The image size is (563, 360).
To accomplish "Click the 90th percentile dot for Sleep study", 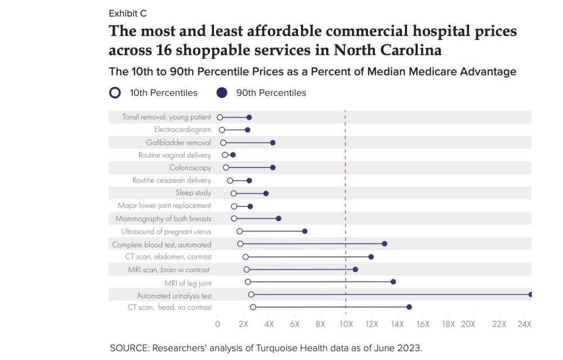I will point(266,193).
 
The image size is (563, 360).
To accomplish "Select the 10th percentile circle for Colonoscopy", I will point(226,168).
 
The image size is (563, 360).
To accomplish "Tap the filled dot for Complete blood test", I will point(385,244).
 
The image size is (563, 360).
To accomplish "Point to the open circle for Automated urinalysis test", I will point(251,294).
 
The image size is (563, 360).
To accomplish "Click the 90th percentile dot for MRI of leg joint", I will point(393,282).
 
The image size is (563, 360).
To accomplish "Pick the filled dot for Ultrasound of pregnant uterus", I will point(305,231).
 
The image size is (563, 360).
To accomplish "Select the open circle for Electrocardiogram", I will point(222,130).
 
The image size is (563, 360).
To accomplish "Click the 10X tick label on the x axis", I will point(346,325).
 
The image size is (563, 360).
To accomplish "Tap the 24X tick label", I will point(524,325).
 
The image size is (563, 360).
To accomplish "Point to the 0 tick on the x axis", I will point(218,325).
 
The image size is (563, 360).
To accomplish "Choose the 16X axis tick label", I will point(423,325).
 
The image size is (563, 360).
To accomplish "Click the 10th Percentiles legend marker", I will point(115,92).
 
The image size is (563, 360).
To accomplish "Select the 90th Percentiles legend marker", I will point(222,92).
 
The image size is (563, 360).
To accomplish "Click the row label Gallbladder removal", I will point(178,143).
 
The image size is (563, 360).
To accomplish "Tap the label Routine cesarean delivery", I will point(172,180).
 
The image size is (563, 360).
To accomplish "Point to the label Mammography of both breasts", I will point(163,219).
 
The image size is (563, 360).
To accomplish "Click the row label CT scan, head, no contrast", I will point(169,307).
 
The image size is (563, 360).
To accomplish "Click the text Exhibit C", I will point(127,13).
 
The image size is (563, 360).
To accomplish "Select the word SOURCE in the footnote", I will point(129,347).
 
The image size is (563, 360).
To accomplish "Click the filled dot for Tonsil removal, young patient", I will point(249,117).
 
